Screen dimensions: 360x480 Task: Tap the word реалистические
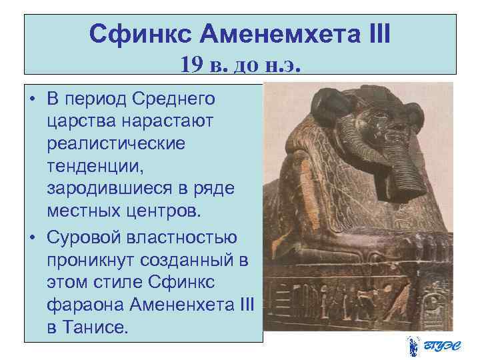[117, 143]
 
